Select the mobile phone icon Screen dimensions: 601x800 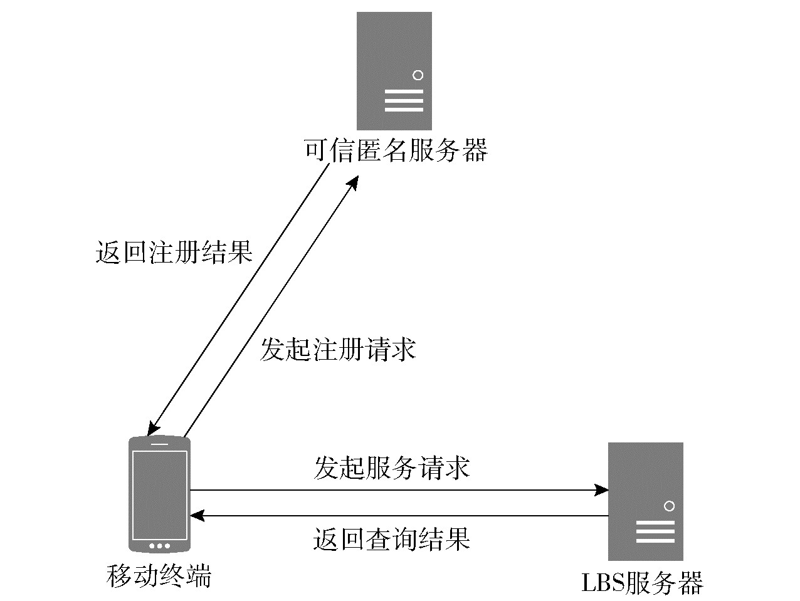159,494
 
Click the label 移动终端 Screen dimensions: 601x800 159,576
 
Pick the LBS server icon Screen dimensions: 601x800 645,501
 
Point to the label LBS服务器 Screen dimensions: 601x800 643,583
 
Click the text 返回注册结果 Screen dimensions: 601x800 174,253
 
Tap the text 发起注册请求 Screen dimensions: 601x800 338,350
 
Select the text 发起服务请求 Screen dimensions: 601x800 392,468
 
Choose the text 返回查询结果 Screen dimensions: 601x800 392,539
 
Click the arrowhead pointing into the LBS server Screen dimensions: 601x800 602,490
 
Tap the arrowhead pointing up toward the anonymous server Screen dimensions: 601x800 353,182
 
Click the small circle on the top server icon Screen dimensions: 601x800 418,75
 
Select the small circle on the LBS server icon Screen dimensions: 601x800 669,506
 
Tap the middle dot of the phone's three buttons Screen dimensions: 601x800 159,546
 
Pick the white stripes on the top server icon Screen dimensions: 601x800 404,101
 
